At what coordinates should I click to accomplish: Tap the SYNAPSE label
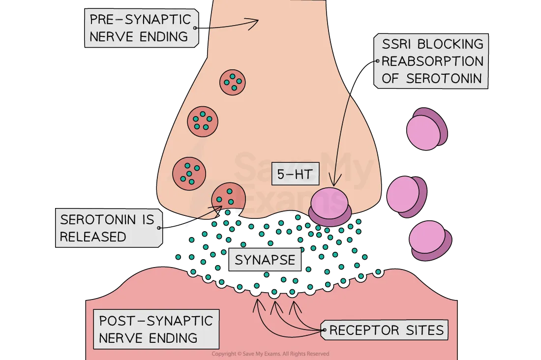265,260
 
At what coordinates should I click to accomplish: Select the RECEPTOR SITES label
386,330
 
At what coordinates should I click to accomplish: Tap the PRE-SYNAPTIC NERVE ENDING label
140,28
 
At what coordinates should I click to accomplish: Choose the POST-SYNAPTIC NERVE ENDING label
155,329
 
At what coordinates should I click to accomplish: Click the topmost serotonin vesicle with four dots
232,82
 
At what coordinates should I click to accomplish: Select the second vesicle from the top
203,121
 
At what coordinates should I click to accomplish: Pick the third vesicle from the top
189,174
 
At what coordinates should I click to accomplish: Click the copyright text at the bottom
270,354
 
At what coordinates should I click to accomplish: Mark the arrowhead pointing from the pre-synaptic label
255,22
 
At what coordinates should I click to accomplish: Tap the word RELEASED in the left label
93,237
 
